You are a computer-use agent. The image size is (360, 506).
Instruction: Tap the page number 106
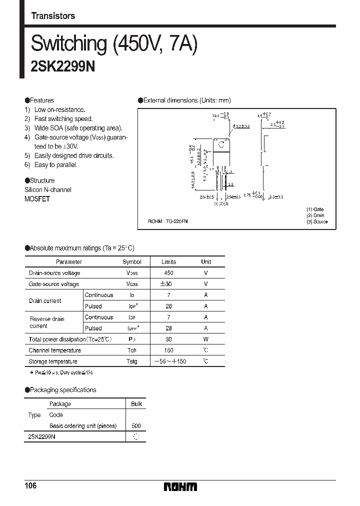click(30, 486)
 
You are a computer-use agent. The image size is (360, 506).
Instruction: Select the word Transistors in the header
click(53, 16)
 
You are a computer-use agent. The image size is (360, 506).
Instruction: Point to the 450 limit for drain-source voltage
click(168, 273)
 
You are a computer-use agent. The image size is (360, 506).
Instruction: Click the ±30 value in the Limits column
click(168, 284)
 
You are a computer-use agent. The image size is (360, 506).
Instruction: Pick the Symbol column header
click(132, 262)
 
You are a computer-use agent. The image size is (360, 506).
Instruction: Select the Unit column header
click(206, 262)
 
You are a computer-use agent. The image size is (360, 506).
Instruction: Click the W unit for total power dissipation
click(206, 339)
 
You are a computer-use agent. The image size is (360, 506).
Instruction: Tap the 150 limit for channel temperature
click(168, 350)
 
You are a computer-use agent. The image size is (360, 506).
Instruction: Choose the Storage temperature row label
click(53, 361)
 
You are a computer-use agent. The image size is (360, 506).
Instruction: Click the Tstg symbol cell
click(132, 361)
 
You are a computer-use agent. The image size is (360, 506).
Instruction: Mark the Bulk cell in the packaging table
click(136, 404)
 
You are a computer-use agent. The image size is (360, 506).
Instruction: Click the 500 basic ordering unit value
click(136, 426)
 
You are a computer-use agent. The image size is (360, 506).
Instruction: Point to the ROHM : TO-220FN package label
click(168, 221)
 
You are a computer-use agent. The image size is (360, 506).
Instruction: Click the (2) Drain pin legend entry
click(315, 215)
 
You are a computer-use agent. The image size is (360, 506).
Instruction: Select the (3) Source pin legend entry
click(316, 221)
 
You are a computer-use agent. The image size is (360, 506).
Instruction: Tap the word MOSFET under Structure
click(37, 198)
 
